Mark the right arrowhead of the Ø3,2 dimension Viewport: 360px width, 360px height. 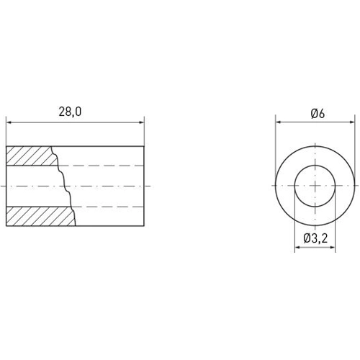click(336, 248)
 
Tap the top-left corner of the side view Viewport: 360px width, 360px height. click(6, 146)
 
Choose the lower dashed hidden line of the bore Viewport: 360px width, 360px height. click(108, 206)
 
